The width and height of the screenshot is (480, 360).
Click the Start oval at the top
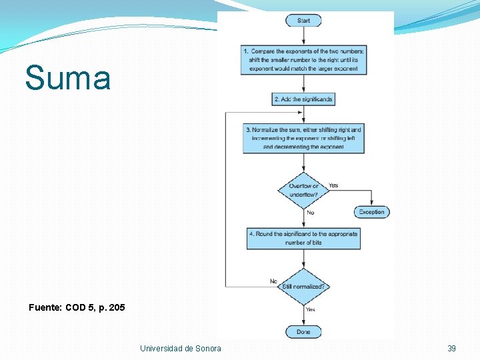(x=303, y=21)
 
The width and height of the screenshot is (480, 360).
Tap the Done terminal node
(x=303, y=331)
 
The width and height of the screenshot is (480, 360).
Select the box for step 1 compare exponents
(x=303, y=59)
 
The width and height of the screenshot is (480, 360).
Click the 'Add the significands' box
(x=303, y=99)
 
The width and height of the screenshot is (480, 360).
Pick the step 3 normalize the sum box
(x=303, y=138)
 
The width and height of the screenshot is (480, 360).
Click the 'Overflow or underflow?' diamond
(x=303, y=190)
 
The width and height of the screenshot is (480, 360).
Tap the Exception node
(x=371, y=212)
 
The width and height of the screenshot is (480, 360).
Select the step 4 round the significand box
(x=303, y=238)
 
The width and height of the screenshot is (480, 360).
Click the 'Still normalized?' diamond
(x=303, y=287)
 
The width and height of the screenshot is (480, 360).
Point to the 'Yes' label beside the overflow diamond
(x=333, y=185)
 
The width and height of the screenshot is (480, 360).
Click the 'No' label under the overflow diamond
(x=310, y=213)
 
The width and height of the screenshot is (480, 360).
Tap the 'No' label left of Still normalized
(x=273, y=281)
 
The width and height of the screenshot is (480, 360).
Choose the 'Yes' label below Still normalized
(x=310, y=309)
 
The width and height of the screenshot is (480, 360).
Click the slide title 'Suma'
(x=68, y=78)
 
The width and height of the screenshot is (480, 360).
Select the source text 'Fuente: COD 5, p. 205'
(x=77, y=307)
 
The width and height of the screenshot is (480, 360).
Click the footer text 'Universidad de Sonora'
(x=181, y=348)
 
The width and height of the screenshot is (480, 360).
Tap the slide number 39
(x=451, y=348)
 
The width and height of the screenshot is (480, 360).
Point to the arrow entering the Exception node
(x=371, y=199)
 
